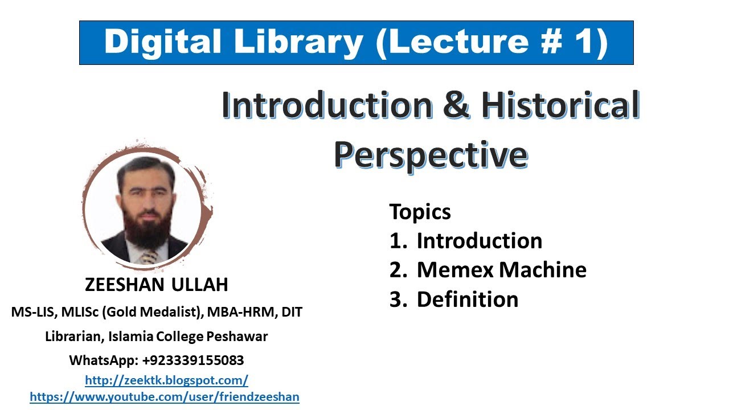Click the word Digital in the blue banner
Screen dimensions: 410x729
coord(156,43)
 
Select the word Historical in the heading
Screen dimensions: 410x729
coord(560,106)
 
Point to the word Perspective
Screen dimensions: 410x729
coord(430,154)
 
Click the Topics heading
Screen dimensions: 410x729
coord(420,212)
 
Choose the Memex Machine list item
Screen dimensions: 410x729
coord(501,270)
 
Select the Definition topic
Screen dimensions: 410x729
coord(467,300)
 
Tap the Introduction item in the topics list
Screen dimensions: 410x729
coord(479,241)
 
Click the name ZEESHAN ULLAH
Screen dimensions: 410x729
coord(157,285)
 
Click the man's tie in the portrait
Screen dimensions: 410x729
coord(149,256)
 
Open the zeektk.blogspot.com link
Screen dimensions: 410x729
coord(166,380)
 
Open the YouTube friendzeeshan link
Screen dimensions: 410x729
coord(164,397)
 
